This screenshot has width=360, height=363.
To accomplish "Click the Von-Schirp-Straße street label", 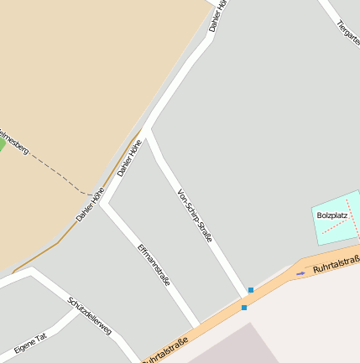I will (195, 216).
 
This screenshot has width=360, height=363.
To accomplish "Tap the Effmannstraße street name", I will (154, 265).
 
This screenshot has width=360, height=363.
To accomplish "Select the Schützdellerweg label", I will (90, 316).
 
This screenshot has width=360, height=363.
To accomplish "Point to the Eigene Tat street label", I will (30, 343).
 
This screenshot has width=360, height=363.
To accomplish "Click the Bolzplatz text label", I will (332, 215).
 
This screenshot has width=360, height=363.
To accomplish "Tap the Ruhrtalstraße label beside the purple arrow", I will (336, 266).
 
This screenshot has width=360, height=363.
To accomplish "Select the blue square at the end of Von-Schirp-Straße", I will (250, 290).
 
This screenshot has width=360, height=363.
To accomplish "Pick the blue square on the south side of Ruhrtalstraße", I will (244, 308).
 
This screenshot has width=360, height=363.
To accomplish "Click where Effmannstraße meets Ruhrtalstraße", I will (197, 325).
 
